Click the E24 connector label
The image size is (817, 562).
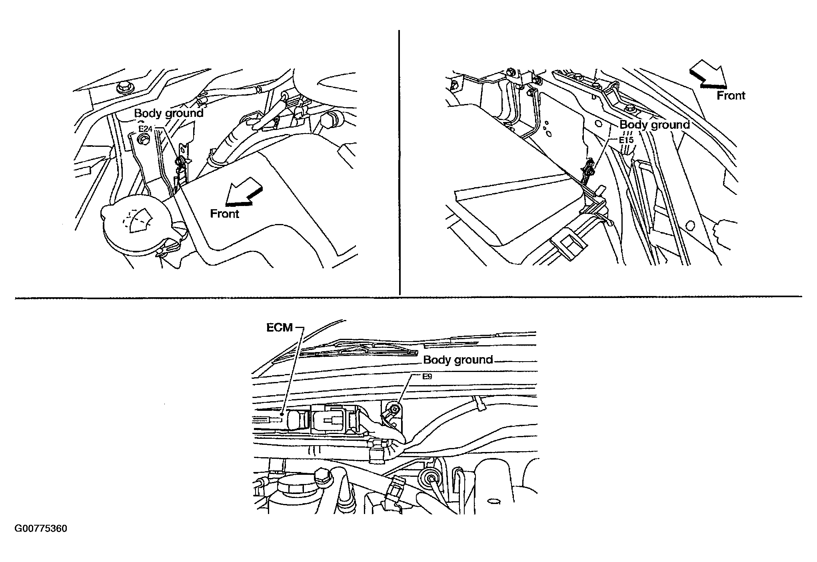click(x=146, y=129)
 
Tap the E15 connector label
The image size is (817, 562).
click(x=627, y=140)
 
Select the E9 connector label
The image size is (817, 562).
click(x=427, y=376)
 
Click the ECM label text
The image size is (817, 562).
click(x=280, y=328)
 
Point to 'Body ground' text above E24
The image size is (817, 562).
click(x=168, y=114)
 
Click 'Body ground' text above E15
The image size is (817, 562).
click(x=655, y=125)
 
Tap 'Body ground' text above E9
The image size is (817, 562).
click(x=458, y=360)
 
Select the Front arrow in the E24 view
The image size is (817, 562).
click(x=243, y=192)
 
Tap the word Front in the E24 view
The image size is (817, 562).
click(x=224, y=214)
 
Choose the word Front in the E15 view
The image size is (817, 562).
click(x=731, y=96)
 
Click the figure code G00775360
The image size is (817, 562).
click(x=41, y=529)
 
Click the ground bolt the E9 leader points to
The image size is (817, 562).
click(x=394, y=409)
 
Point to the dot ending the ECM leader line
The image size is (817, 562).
click(x=283, y=415)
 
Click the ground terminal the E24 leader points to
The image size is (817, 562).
click(x=180, y=162)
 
